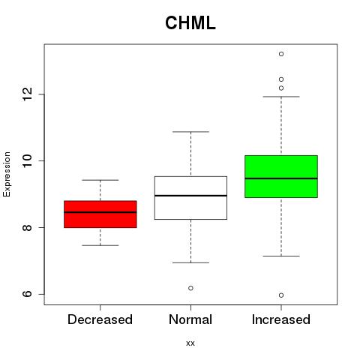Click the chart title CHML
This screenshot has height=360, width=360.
pos(190,23)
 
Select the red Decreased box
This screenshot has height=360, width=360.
pos(100,214)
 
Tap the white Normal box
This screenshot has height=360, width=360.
pos(190,198)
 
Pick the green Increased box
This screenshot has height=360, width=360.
pos(281,176)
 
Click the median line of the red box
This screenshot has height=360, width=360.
pos(100,212)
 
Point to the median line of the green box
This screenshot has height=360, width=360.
pos(281,178)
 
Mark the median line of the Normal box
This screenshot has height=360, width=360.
pos(190,196)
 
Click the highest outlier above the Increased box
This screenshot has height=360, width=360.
pos(281,54)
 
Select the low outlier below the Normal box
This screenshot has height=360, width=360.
pos(190,288)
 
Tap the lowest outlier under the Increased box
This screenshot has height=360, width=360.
pos(281,295)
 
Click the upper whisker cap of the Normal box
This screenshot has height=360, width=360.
pos(190,132)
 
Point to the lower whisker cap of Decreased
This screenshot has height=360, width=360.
pos(100,245)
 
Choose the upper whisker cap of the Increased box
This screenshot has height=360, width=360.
pos(281,97)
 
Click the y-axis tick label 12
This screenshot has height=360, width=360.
pos(28,94)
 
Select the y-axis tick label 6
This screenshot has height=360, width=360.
pos(28,294)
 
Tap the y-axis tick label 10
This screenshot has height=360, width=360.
pos(28,160)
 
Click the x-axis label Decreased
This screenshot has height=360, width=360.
pos(100,319)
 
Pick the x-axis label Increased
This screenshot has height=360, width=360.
pos(281,319)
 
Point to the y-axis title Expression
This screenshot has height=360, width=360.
pos(7,174)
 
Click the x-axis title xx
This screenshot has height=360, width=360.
pos(190,343)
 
